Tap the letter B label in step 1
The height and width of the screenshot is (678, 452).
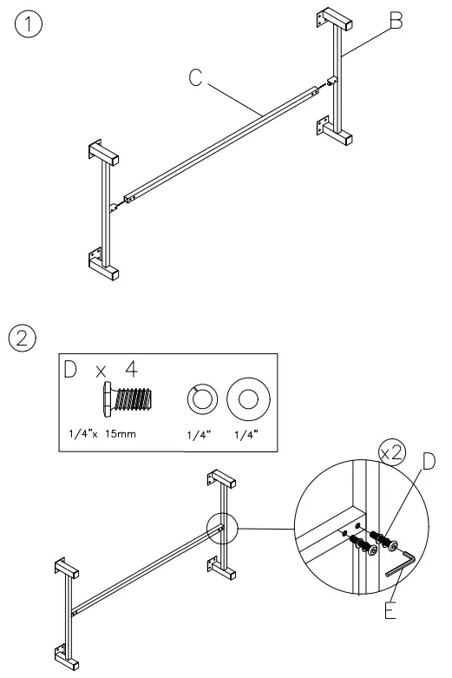tap(396, 21)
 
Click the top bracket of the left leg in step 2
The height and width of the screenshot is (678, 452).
tap(67, 569)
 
